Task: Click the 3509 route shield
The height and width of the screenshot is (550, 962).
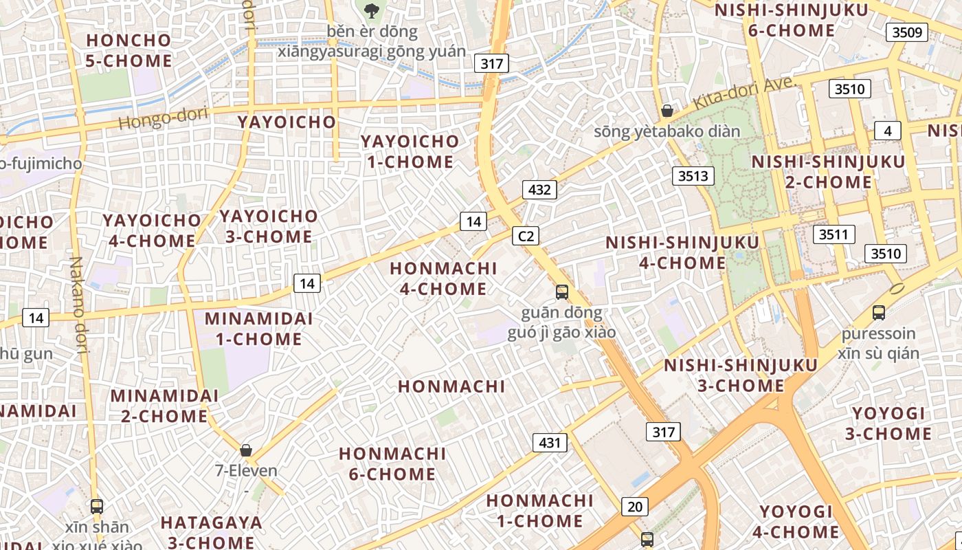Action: [907, 32]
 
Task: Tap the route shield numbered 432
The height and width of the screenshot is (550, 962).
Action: [539, 190]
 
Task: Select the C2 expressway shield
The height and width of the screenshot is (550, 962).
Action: [526, 236]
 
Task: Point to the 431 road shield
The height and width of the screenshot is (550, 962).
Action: [550, 443]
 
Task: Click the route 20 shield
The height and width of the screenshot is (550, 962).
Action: [635, 507]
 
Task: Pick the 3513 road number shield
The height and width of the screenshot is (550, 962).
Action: [693, 176]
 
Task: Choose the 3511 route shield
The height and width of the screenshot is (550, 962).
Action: [834, 234]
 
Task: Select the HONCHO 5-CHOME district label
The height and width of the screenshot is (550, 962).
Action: [128, 50]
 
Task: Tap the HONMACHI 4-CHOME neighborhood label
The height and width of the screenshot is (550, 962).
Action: [443, 278]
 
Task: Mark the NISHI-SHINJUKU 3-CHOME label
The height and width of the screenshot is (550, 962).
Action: [741, 375]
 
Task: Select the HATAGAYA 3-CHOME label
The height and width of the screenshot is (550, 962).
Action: [211, 532]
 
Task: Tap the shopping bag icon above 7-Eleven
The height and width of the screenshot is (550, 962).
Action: [246, 451]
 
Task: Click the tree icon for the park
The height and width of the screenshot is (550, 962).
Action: [372, 10]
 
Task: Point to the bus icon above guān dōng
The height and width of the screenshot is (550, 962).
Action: [562, 292]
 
